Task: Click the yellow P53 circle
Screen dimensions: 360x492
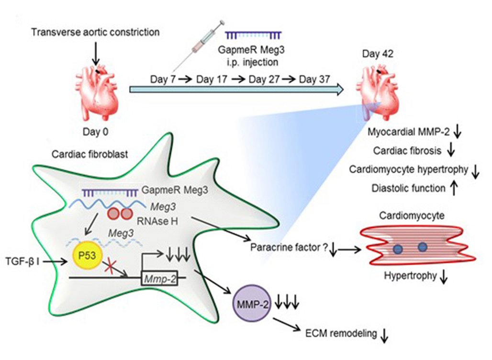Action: pos(86,257)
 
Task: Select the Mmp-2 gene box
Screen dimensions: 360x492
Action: pos(162,277)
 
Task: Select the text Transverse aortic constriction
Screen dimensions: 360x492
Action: pos(95,33)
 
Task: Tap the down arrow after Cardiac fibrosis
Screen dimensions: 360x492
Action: pos(450,150)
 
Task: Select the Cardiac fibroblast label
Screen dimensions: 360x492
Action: pos(79,154)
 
